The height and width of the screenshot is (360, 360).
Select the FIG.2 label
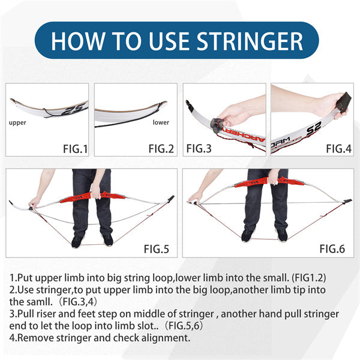(x=161, y=148)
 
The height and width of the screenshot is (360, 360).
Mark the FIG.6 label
(x=332, y=247)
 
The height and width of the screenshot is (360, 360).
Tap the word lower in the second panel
(x=161, y=122)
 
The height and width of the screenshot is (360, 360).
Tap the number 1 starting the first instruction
(x=13, y=278)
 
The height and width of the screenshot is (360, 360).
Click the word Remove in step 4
(x=36, y=337)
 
